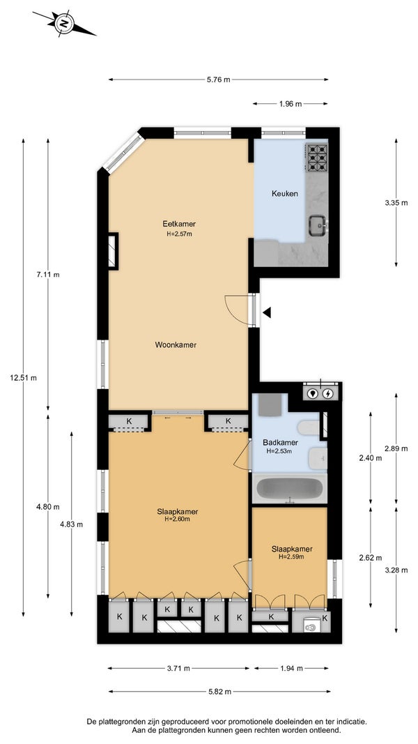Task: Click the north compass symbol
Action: [64, 23]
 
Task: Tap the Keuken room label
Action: [285, 194]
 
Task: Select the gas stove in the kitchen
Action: [317, 157]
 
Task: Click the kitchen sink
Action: [318, 225]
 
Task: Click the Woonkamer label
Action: [176, 345]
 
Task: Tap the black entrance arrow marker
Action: [267, 312]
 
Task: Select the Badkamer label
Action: [280, 443]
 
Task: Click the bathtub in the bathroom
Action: [290, 488]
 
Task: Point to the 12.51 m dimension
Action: [23, 378]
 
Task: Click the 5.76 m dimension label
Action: [219, 79]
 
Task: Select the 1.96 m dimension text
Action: [290, 104]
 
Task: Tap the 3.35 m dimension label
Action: [396, 203]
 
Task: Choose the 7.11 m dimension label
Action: [48, 275]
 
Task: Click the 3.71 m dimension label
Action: [178, 669]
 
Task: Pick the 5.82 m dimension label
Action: [219, 692]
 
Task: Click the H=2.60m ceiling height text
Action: [178, 519]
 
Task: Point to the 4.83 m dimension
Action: [72, 524]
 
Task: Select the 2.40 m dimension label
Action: [371, 458]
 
